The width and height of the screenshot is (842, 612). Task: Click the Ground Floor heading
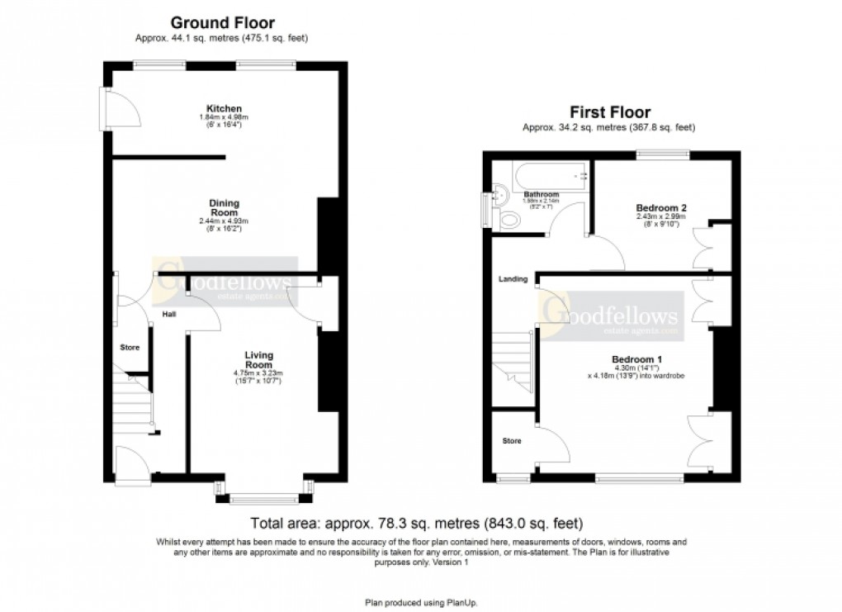(222, 23)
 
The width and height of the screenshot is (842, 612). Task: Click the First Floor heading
(610, 112)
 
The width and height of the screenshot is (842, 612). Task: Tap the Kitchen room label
(224, 109)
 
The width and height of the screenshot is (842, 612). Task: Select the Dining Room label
(224, 207)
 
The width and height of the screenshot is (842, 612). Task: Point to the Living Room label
(258, 359)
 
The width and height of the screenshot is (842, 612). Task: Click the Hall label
(169, 314)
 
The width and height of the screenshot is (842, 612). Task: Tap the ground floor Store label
(130, 347)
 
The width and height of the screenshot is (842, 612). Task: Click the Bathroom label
(541, 195)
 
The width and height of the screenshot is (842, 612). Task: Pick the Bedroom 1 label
(637, 359)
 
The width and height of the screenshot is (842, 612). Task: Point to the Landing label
(513, 279)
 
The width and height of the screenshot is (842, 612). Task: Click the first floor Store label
(513, 441)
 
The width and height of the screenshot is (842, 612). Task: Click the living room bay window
(264, 496)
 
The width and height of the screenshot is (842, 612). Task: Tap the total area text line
(417, 524)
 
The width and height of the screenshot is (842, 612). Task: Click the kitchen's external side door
(114, 107)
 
